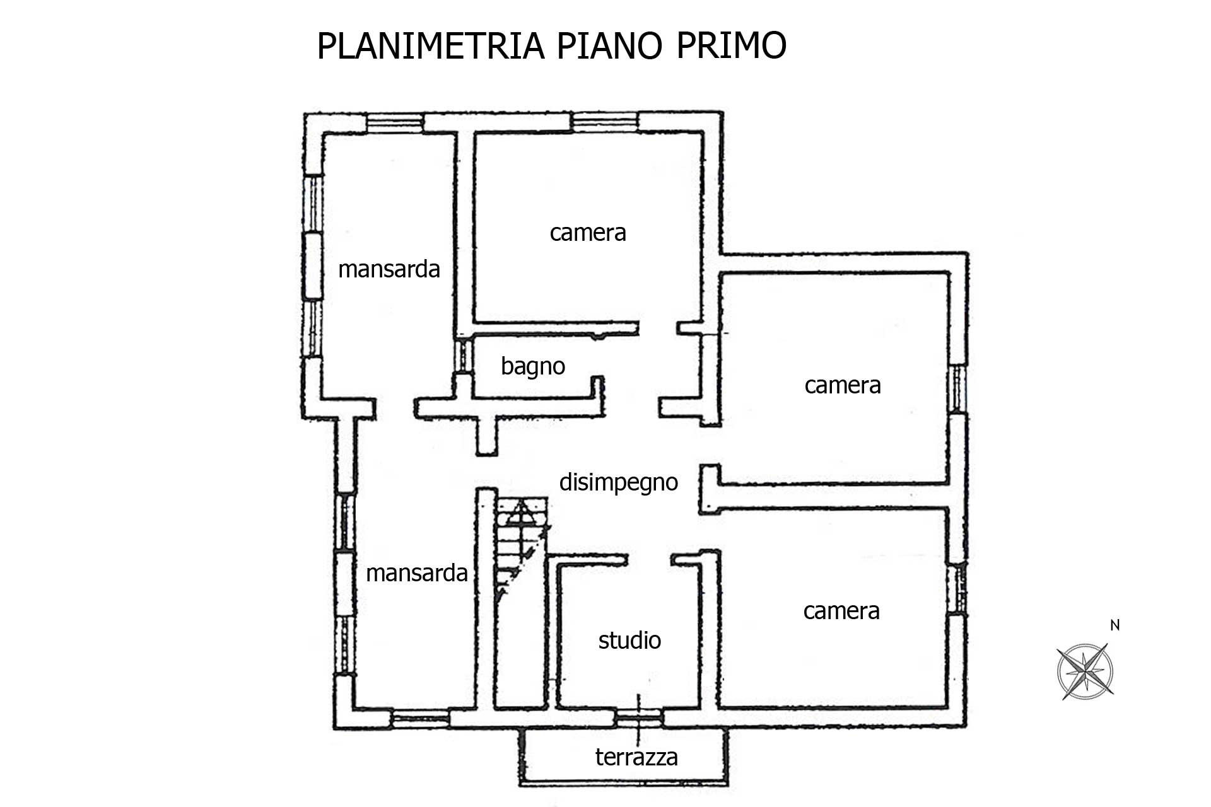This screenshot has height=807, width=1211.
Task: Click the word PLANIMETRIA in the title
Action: click(431, 45)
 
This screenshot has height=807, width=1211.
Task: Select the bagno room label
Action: click(533, 366)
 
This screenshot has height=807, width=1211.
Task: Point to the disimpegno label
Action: click(619, 482)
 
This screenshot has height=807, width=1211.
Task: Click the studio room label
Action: click(629, 640)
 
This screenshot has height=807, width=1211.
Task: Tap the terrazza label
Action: click(636, 757)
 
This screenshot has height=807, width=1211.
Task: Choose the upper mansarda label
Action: click(389, 269)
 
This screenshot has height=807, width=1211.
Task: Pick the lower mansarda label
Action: click(417, 573)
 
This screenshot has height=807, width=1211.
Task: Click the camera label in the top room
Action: click(588, 233)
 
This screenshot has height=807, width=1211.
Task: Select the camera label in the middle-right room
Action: click(843, 385)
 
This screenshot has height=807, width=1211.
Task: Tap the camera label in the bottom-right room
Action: click(841, 611)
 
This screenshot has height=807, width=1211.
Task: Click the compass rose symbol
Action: click(1085, 671)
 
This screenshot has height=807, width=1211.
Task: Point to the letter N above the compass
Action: click(1115, 625)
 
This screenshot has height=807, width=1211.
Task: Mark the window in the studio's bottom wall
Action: click(638, 715)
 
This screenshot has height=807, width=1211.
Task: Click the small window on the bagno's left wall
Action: click(465, 356)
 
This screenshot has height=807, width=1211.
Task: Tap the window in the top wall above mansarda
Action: click(395, 122)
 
